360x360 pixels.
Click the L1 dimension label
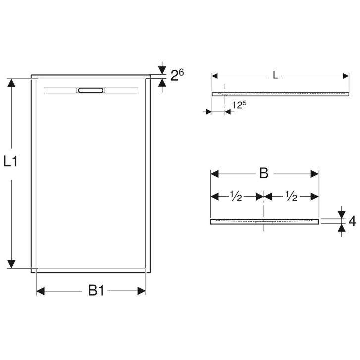pyautogui.click(x=11, y=161)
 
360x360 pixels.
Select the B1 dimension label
pyautogui.click(x=96, y=291)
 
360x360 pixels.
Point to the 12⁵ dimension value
pyautogui.click(x=239, y=105)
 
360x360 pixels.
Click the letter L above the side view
pyautogui.click(x=275, y=75)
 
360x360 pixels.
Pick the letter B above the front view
pyautogui.click(x=264, y=173)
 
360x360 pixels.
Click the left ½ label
pyautogui.click(x=236, y=197)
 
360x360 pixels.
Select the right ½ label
pyautogui.click(x=291, y=197)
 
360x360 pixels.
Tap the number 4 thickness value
pyautogui.click(x=352, y=221)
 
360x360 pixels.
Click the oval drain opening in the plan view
pyautogui.click(x=91, y=90)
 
